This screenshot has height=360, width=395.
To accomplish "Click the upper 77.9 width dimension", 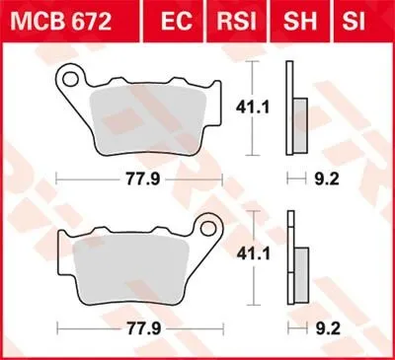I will [x=136, y=180].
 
